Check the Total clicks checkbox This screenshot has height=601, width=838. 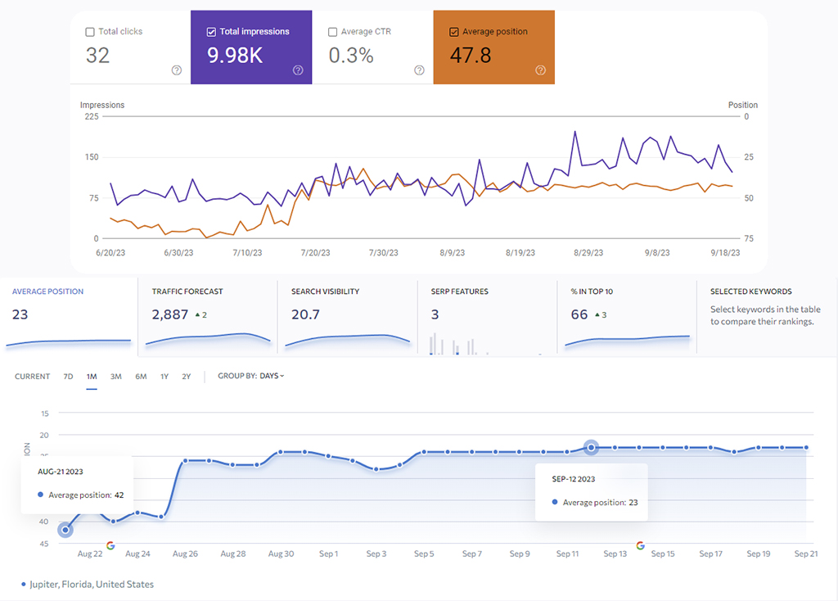pos(90,32)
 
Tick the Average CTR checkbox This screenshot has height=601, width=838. pos(332,32)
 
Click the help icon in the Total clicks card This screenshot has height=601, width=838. pos(176,70)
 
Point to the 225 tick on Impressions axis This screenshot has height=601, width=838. pos(92,116)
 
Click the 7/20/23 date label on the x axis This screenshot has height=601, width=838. pos(315,254)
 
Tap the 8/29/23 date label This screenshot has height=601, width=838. pos(588,254)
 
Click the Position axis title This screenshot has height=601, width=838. pos(743,105)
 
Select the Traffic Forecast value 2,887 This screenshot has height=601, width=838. pos(170,314)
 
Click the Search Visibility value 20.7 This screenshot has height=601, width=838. pos(305,314)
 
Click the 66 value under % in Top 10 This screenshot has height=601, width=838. pos(579,314)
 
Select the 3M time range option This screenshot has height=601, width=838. pos(116,377)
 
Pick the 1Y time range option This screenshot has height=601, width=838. pos(164,377)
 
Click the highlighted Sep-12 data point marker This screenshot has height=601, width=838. pos(591,447)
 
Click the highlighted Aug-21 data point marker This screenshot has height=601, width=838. pos(65,530)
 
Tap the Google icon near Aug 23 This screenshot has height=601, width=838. pos(110,545)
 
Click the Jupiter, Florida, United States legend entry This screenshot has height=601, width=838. pos(91,585)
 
